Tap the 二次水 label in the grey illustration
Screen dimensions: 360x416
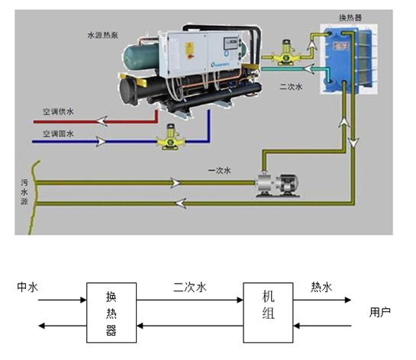point(291,87)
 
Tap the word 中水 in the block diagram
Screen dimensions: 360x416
point(27,288)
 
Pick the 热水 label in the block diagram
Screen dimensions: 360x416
point(321,288)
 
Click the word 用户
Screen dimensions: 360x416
point(379,312)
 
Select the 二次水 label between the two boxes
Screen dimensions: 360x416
point(189,288)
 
